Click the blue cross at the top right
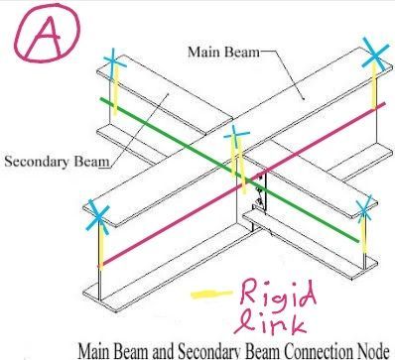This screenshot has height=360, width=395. [375, 59]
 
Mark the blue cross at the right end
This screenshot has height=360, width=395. [364, 208]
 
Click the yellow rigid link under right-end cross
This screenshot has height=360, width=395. [363, 231]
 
